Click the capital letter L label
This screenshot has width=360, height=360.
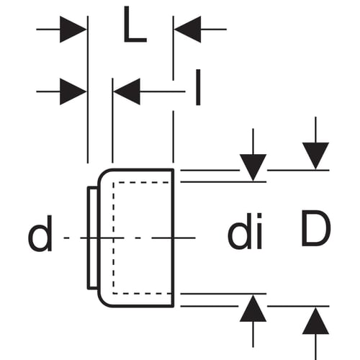(x=135, y=24)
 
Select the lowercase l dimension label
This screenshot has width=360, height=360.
(x=198, y=87)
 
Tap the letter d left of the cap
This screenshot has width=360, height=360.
(x=40, y=233)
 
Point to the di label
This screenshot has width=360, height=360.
(x=245, y=231)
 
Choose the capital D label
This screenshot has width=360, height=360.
(x=316, y=228)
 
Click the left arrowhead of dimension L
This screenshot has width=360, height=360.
(x=73, y=30)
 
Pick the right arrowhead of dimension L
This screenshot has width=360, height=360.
(x=187, y=30)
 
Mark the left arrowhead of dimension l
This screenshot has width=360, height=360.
(x=73, y=91)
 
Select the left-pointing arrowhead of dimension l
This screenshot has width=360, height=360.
(x=127, y=91)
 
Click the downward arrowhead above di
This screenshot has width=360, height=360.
(x=253, y=167)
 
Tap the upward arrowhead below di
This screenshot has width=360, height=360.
(x=253, y=308)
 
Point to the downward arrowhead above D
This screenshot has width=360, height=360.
(x=315, y=156)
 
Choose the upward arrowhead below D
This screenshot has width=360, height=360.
(x=315, y=321)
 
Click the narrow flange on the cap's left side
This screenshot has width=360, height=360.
(x=93, y=238)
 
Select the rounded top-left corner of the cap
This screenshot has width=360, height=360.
(x=103, y=175)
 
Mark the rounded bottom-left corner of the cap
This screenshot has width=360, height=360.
(x=103, y=302)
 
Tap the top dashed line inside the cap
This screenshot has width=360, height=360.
(x=143, y=183)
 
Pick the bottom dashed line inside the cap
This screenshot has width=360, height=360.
(x=143, y=293)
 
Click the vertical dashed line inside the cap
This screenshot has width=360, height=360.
(x=113, y=238)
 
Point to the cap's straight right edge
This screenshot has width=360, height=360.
(x=173, y=238)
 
